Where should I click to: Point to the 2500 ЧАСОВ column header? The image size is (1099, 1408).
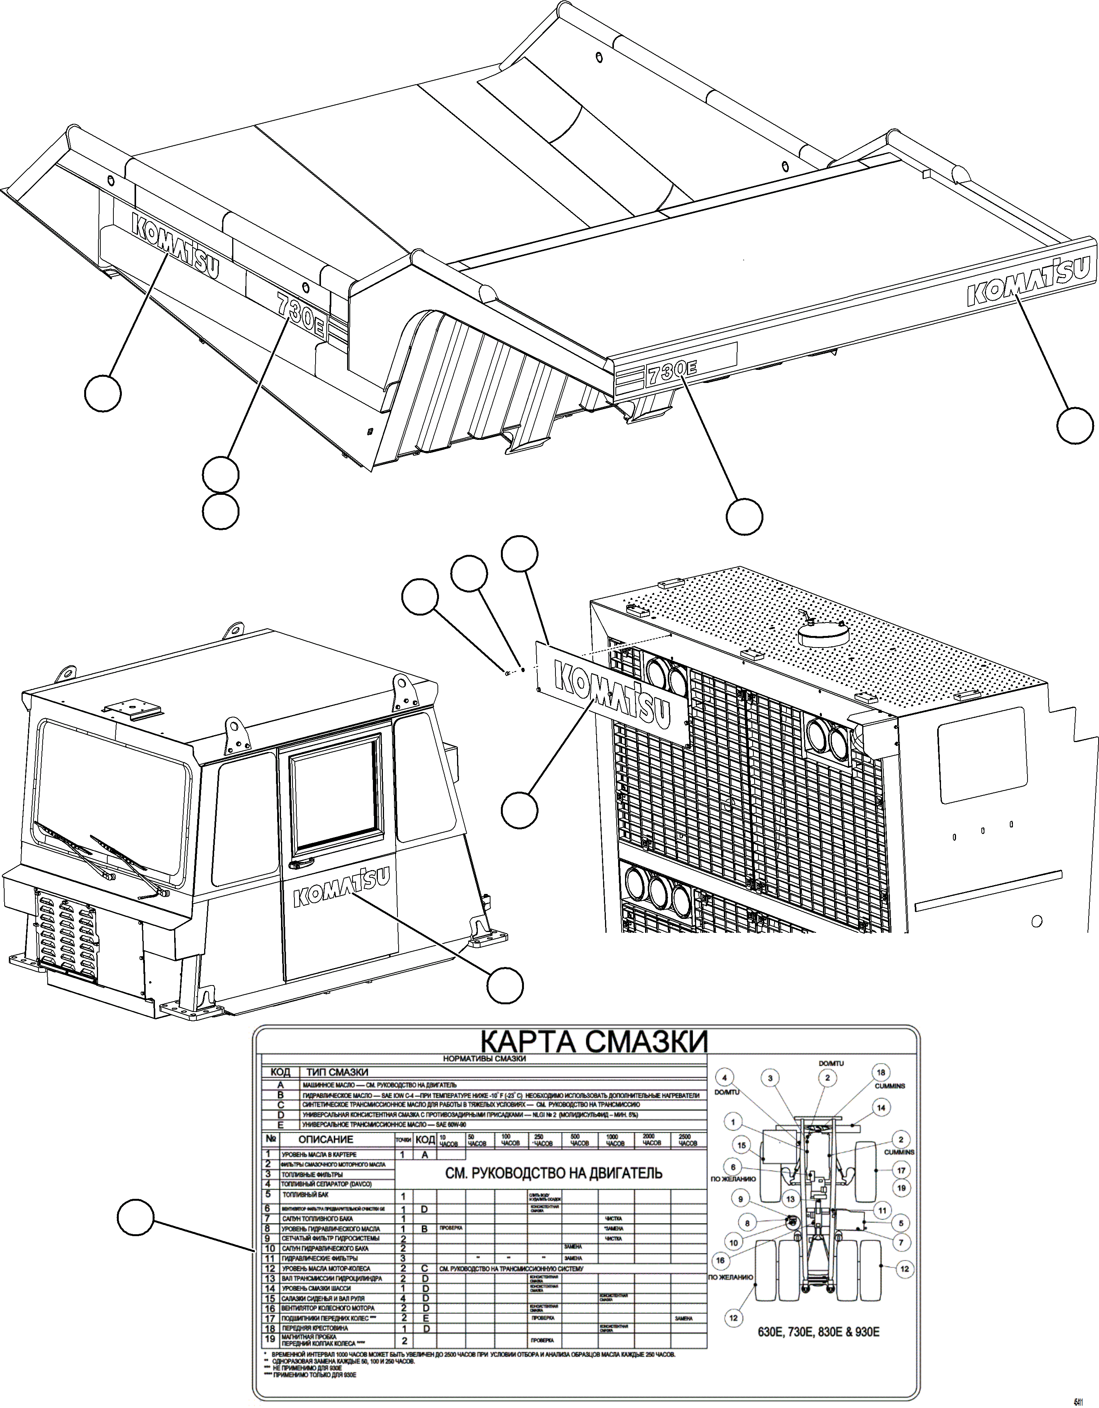click(x=688, y=1140)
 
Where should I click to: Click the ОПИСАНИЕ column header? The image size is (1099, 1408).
click(x=326, y=1139)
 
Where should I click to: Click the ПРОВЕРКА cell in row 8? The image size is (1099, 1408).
click(x=451, y=1228)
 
